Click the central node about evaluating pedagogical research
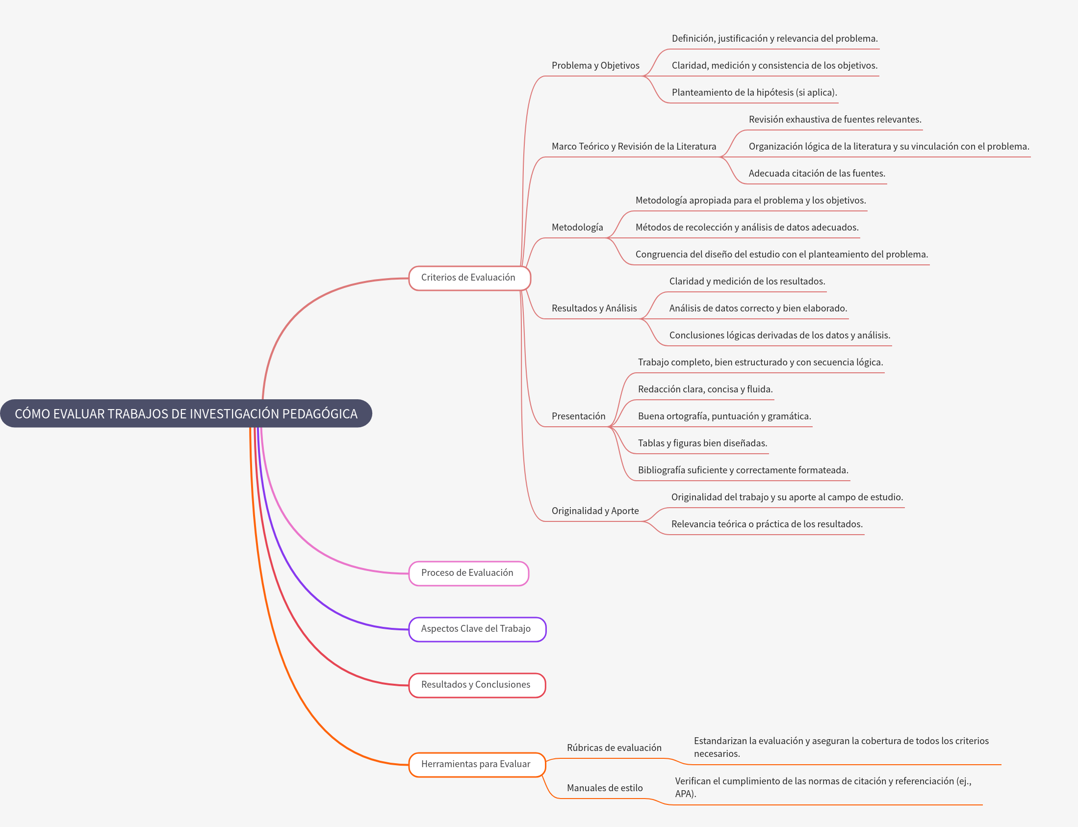(186, 413)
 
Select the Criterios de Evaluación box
(468, 278)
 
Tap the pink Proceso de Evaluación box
(467, 573)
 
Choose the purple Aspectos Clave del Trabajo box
(477, 629)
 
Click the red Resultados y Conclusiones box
(476, 685)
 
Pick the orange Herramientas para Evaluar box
(476, 764)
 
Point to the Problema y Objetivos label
(595, 65)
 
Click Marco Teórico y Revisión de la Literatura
(634, 146)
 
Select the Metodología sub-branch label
(577, 228)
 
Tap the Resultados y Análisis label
(593, 308)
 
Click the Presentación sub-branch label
(578, 416)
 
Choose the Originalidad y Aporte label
(594, 511)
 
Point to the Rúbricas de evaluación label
(614, 747)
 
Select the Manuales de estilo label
(604, 788)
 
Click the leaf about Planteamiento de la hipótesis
(754, 93)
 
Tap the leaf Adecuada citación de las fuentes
(816, 173)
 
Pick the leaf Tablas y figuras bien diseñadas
(702, 443)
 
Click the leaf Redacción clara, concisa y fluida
(705, 389)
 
